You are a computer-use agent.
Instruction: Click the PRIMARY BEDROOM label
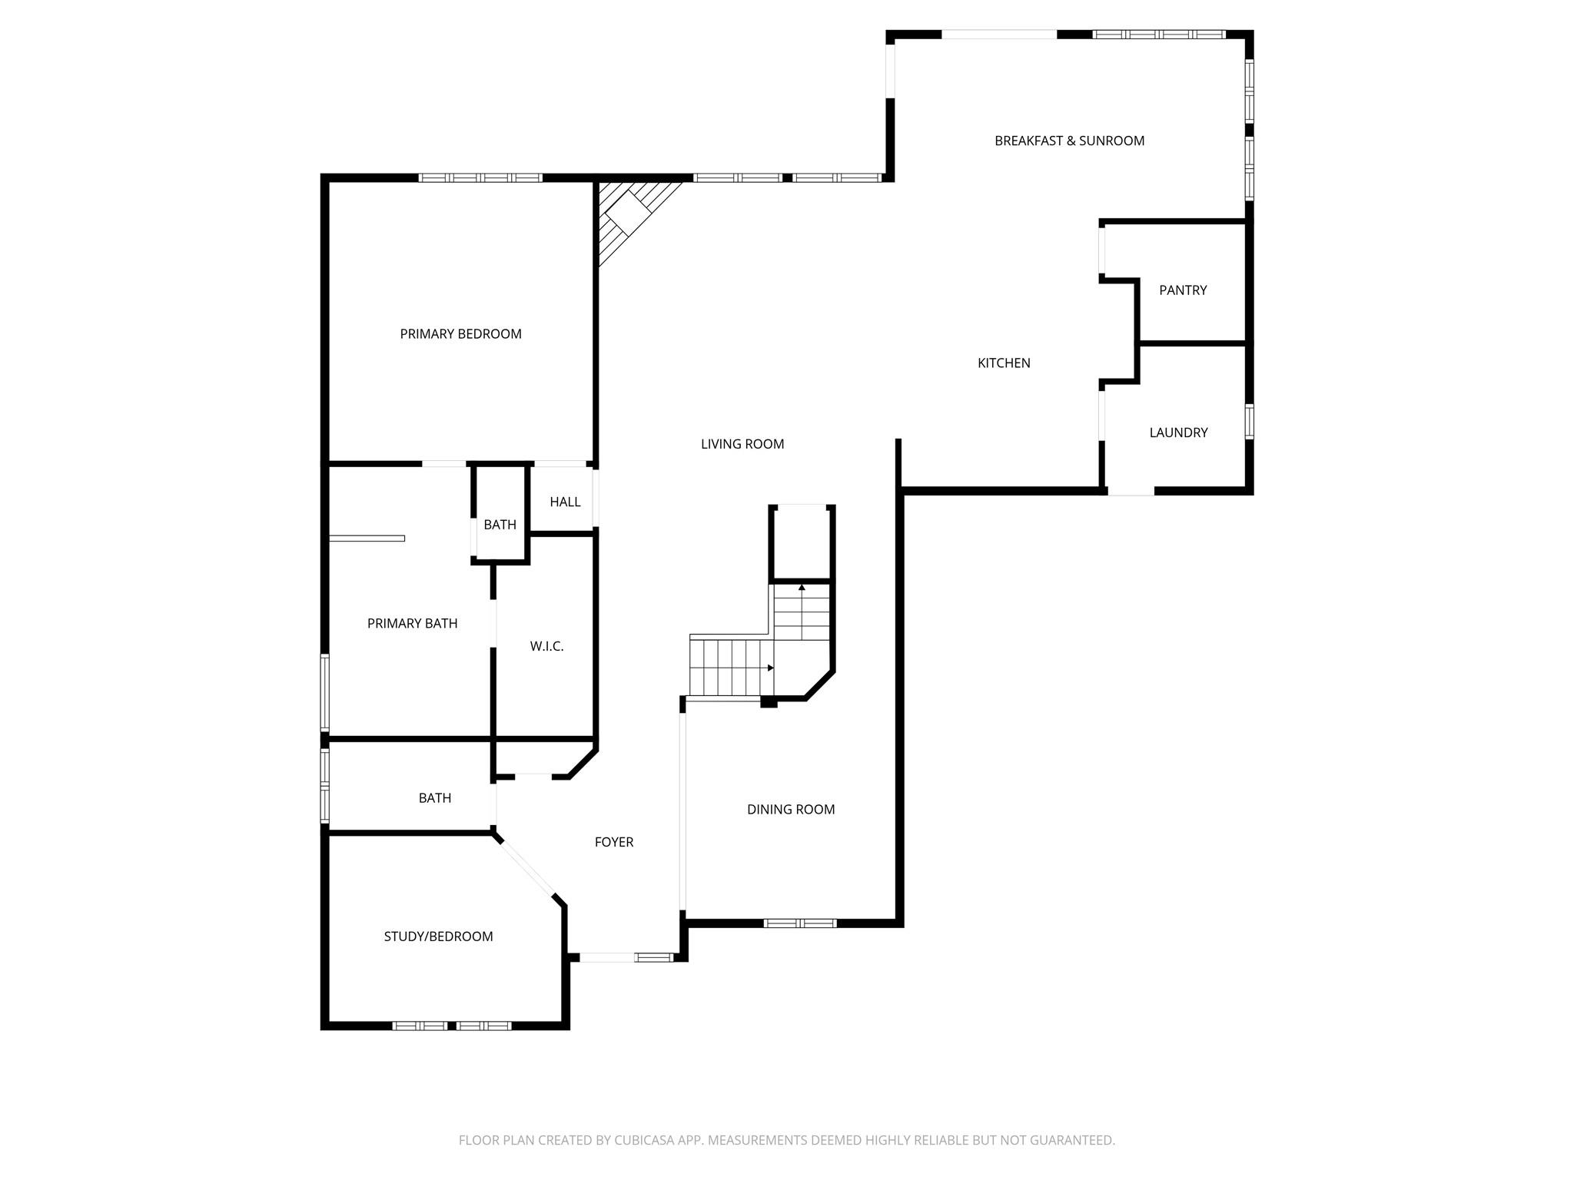[460, 333]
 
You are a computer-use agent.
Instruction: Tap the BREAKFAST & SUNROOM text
[1069, 141]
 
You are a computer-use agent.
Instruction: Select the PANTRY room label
[1183, 290]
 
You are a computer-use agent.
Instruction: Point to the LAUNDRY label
[1178, 433]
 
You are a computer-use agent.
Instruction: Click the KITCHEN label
[1004, 363]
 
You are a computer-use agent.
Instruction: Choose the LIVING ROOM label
[742, 443]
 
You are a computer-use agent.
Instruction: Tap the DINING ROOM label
[791, 809]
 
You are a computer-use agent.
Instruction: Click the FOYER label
[614, 842]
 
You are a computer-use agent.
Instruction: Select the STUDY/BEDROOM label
[438, 936]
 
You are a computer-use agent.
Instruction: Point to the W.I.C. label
[546, 646]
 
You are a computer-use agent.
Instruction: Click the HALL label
[565, 502]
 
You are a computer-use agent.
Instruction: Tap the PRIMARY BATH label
[412, 623]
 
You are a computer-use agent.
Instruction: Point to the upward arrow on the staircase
[802, 588]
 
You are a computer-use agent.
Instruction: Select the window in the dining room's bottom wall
[799, 923]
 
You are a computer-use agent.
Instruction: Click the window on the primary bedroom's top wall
[480, 177]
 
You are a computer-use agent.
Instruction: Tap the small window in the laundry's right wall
[1249, 422]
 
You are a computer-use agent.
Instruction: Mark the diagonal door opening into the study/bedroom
[526, 869]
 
